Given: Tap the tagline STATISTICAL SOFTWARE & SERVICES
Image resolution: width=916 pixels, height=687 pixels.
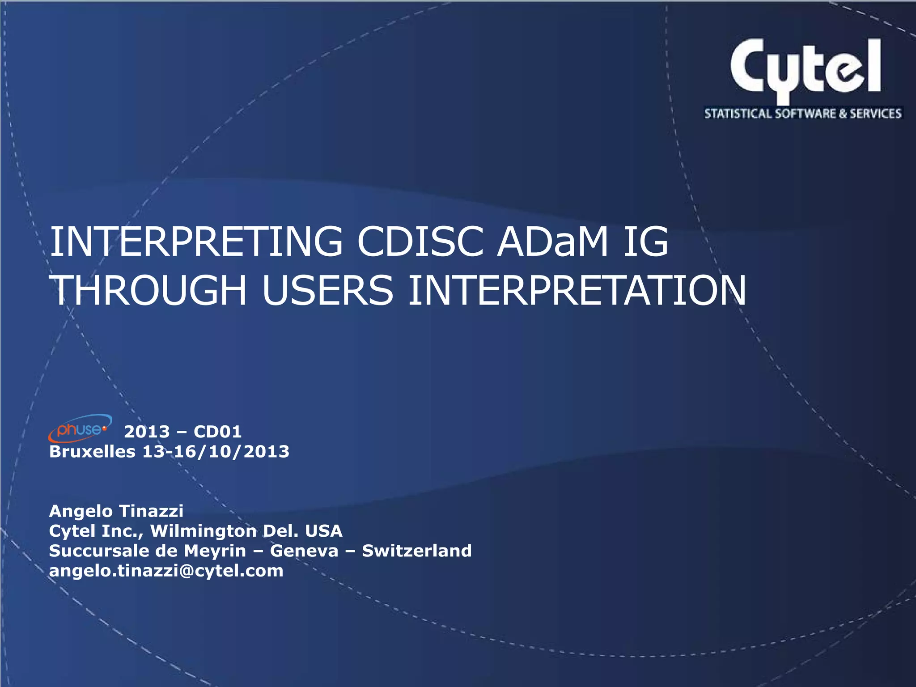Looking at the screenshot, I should click(803, 114).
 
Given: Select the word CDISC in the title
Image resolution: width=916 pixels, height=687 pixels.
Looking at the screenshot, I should click(420, 242).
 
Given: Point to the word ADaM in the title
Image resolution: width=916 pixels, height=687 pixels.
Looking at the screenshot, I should click(553, 242).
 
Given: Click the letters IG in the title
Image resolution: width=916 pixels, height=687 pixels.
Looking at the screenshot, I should click(645, 242).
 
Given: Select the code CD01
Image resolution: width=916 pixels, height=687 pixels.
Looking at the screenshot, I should click(218, 432).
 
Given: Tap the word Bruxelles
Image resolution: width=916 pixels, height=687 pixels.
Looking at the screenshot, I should click(92, 451).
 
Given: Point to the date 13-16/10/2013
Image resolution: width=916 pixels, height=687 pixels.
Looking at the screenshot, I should click(216, 451).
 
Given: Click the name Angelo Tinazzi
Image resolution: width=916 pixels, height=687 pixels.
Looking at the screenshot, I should click(116, 511).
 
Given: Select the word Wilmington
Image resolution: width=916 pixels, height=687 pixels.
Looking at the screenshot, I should click(203, 531).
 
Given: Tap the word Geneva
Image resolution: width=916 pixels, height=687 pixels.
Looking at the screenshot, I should click(304, 551).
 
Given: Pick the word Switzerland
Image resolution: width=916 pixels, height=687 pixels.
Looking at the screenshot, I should click(416, 551).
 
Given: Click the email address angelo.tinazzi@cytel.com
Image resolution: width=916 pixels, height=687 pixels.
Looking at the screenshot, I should click(166, 571).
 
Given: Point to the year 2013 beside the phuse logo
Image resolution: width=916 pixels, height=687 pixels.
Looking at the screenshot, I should click(147, 432).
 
